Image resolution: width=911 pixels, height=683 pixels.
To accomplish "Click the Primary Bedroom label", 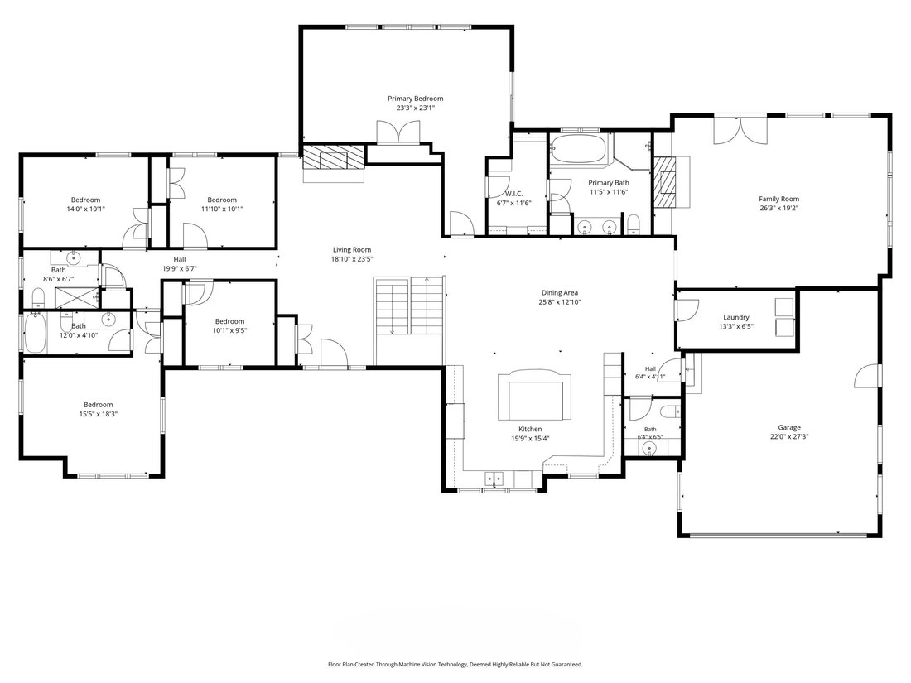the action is pyautogui.click(x=416, y=99).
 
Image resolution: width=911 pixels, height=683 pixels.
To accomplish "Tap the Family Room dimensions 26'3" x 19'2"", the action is pyautogui.click(x=778, y=208).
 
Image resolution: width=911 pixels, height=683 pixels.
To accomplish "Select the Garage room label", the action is pyautogui.click(x=789, y=427).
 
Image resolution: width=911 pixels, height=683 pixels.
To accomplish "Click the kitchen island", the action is pyautogui.click(x=534, y=397).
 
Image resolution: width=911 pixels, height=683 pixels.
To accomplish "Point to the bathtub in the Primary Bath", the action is pyautogui.click(x=579, y=149).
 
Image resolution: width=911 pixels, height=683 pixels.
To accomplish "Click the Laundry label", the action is pyautogui.click(x=735, y=317).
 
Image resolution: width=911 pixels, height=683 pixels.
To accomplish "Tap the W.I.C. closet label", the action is pyautogui.click(x=513, y=194).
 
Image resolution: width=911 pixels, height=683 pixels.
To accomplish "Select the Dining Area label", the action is pyautogui.click(x=560, y=293).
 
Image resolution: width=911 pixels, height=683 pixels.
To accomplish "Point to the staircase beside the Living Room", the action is pyautogui.click(x=409, y=320).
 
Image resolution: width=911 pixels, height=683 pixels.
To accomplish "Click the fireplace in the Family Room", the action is pyautogui.click(x=671, y=182).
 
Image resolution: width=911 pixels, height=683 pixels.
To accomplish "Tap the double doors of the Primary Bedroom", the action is pyautogui.click(x=398, y=132).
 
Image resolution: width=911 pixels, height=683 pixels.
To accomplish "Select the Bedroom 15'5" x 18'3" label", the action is pyautogui.click(x=98, y=405).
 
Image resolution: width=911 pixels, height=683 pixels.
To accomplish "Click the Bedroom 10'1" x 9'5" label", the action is pyautogui.click(x=229, y=321).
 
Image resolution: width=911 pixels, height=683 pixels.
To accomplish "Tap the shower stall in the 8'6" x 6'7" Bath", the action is pyautogui.click(x=77, y=298).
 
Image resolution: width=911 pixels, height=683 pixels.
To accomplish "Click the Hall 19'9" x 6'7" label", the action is pyautogui.click(x=180, y=260).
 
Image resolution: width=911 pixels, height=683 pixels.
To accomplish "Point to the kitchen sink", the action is pyautogui.click(x=494, y=479).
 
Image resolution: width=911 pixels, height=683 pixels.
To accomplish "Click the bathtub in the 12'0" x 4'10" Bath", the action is pyautogui.click(x=36, y=334).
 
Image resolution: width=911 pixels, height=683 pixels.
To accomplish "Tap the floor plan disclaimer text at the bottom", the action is pyautogui.click(x=455, y=665).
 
